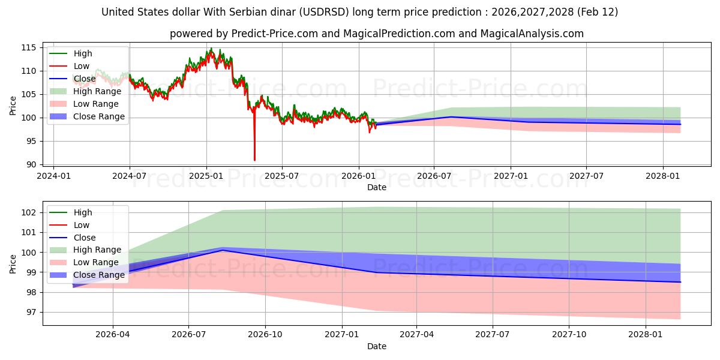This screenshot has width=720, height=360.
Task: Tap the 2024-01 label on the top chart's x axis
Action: (53, 176)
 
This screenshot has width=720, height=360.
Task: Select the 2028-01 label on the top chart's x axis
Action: (663, 176)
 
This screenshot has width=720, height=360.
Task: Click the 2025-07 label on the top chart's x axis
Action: (282, 176)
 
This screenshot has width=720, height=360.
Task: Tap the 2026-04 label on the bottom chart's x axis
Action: (113, 335)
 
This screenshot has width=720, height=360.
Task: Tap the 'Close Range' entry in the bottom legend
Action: (99, 275)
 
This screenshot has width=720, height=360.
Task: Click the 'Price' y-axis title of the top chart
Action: (13, 106)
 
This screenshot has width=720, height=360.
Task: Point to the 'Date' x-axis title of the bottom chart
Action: (377, 346)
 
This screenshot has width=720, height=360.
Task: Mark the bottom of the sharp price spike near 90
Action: (254, 160)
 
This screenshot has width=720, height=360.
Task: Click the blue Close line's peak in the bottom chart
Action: (222, 250)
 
